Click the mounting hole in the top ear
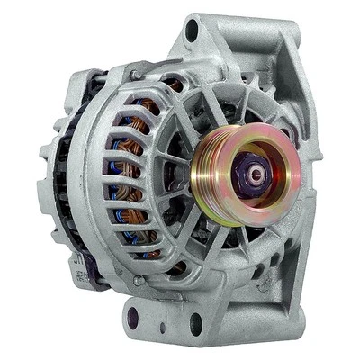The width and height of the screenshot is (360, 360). tap(191, 32)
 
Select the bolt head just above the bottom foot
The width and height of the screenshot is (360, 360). tap(138, 282)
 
